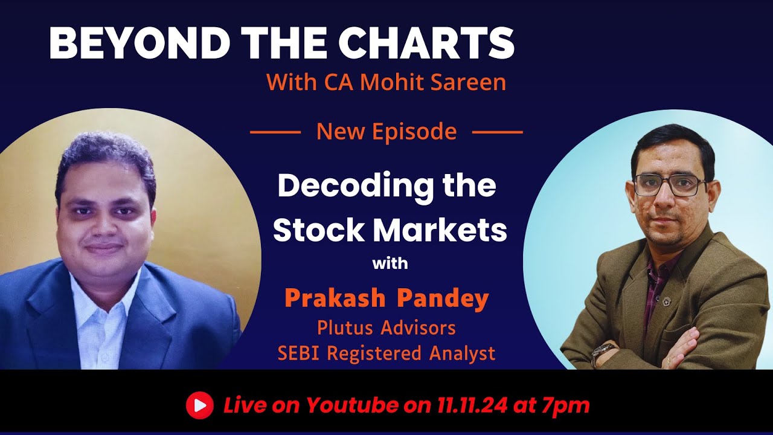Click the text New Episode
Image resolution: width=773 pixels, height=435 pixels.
click(x=386, y=131)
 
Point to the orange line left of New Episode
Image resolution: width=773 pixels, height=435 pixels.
click(x=275, y=131)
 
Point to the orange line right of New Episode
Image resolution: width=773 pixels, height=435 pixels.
click(x=497, y=131)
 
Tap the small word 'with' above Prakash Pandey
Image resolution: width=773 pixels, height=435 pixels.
click(x=390, y=264)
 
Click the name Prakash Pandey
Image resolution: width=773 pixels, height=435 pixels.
click(x=386, y=299)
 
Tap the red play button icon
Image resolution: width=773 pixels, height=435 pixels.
click(x=199, y=405)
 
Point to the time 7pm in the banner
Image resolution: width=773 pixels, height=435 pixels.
click(x=566, y=405)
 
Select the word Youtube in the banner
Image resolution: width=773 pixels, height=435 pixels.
click(x=356, y=405)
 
